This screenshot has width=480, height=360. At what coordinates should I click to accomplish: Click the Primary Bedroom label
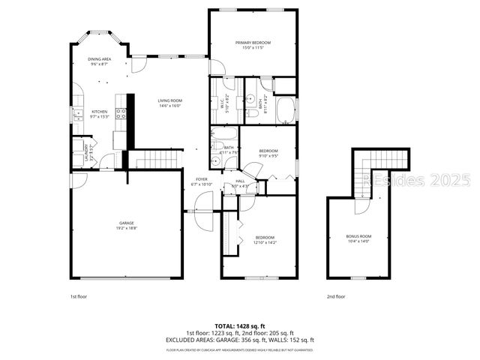251,43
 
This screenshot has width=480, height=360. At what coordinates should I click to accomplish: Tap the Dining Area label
100,59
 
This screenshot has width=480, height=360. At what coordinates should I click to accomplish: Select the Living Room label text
170,101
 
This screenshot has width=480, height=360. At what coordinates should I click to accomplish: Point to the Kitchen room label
100,112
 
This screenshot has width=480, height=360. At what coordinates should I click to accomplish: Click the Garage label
126,223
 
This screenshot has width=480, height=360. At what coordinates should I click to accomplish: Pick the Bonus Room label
358,237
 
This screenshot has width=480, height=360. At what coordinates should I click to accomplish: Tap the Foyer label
202,179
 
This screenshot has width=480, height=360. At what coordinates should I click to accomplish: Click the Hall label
240,181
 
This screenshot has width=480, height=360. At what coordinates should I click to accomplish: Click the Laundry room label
88,152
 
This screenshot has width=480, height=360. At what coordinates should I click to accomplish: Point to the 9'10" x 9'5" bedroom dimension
268,156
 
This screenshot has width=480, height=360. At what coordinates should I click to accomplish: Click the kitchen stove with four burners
121,115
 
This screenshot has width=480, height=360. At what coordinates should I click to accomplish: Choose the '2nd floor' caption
335,296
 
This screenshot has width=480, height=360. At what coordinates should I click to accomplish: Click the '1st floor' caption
78,296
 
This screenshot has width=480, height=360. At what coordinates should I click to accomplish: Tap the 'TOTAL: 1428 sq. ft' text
240,326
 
